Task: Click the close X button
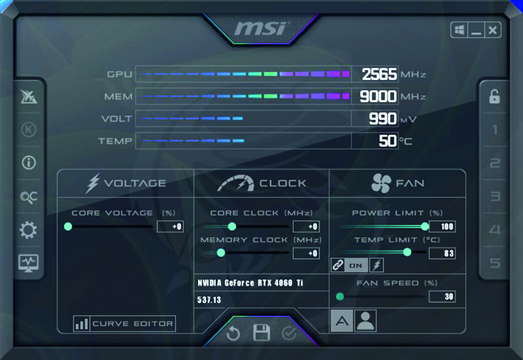click(493, 30)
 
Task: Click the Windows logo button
click(459, 30)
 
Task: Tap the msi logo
click(260, 28)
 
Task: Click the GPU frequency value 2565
click(379, 74)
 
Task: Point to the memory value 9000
click(378, 96)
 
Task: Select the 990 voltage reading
click(382, 118)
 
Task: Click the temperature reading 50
click(388, 141)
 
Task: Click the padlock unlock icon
click(495, 96)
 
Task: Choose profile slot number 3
click(495, 197)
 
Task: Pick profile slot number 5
click(495, 263)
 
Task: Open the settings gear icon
click(28, 230)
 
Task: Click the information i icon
click(29, 163)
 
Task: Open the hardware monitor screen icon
click(28, 263)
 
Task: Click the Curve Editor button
click(125, 324)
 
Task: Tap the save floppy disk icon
click(261, 332)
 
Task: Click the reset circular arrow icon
click(233, 333)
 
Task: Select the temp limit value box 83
click(442, 253)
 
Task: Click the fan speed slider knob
click(340, 297)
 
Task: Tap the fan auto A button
click(342, 321)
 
